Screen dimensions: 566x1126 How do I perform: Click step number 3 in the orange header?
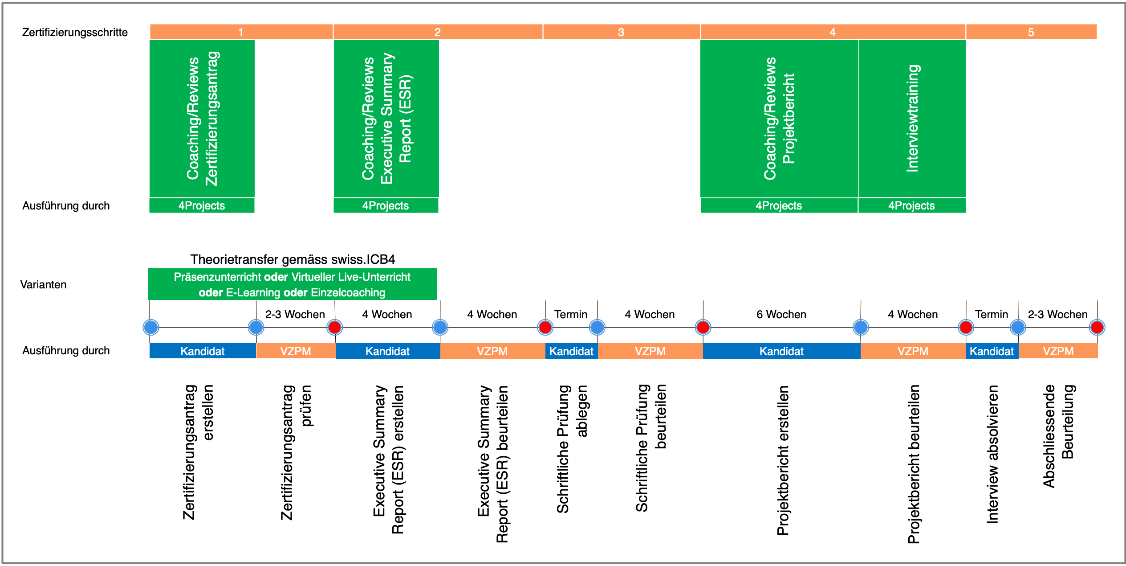point(621,32)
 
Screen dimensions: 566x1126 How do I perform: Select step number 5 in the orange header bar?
point(1030,32)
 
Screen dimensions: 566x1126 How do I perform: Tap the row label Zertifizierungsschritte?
point(75,33)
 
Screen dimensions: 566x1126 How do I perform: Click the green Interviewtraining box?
point(912,119)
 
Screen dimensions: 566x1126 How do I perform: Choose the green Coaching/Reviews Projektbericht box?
point(779,119)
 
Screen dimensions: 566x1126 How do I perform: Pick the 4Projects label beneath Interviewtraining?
point(911,205)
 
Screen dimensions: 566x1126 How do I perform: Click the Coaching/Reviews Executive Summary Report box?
point(386,119)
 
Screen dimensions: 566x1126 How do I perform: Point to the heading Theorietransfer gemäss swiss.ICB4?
point(293,259)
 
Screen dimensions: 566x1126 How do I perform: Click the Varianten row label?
point(43,284)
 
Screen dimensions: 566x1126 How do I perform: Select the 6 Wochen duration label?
point(781,315)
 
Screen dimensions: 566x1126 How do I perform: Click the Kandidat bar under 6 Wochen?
point(781,351)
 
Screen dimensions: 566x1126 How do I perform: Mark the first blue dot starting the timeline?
point(151,327)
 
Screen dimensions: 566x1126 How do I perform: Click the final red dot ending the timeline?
point(1097,327)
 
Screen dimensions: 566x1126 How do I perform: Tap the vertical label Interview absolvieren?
point(992,454)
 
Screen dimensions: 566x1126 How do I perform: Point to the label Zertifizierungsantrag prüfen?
point(296,452)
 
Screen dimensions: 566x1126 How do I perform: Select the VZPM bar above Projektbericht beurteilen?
point(913,351)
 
